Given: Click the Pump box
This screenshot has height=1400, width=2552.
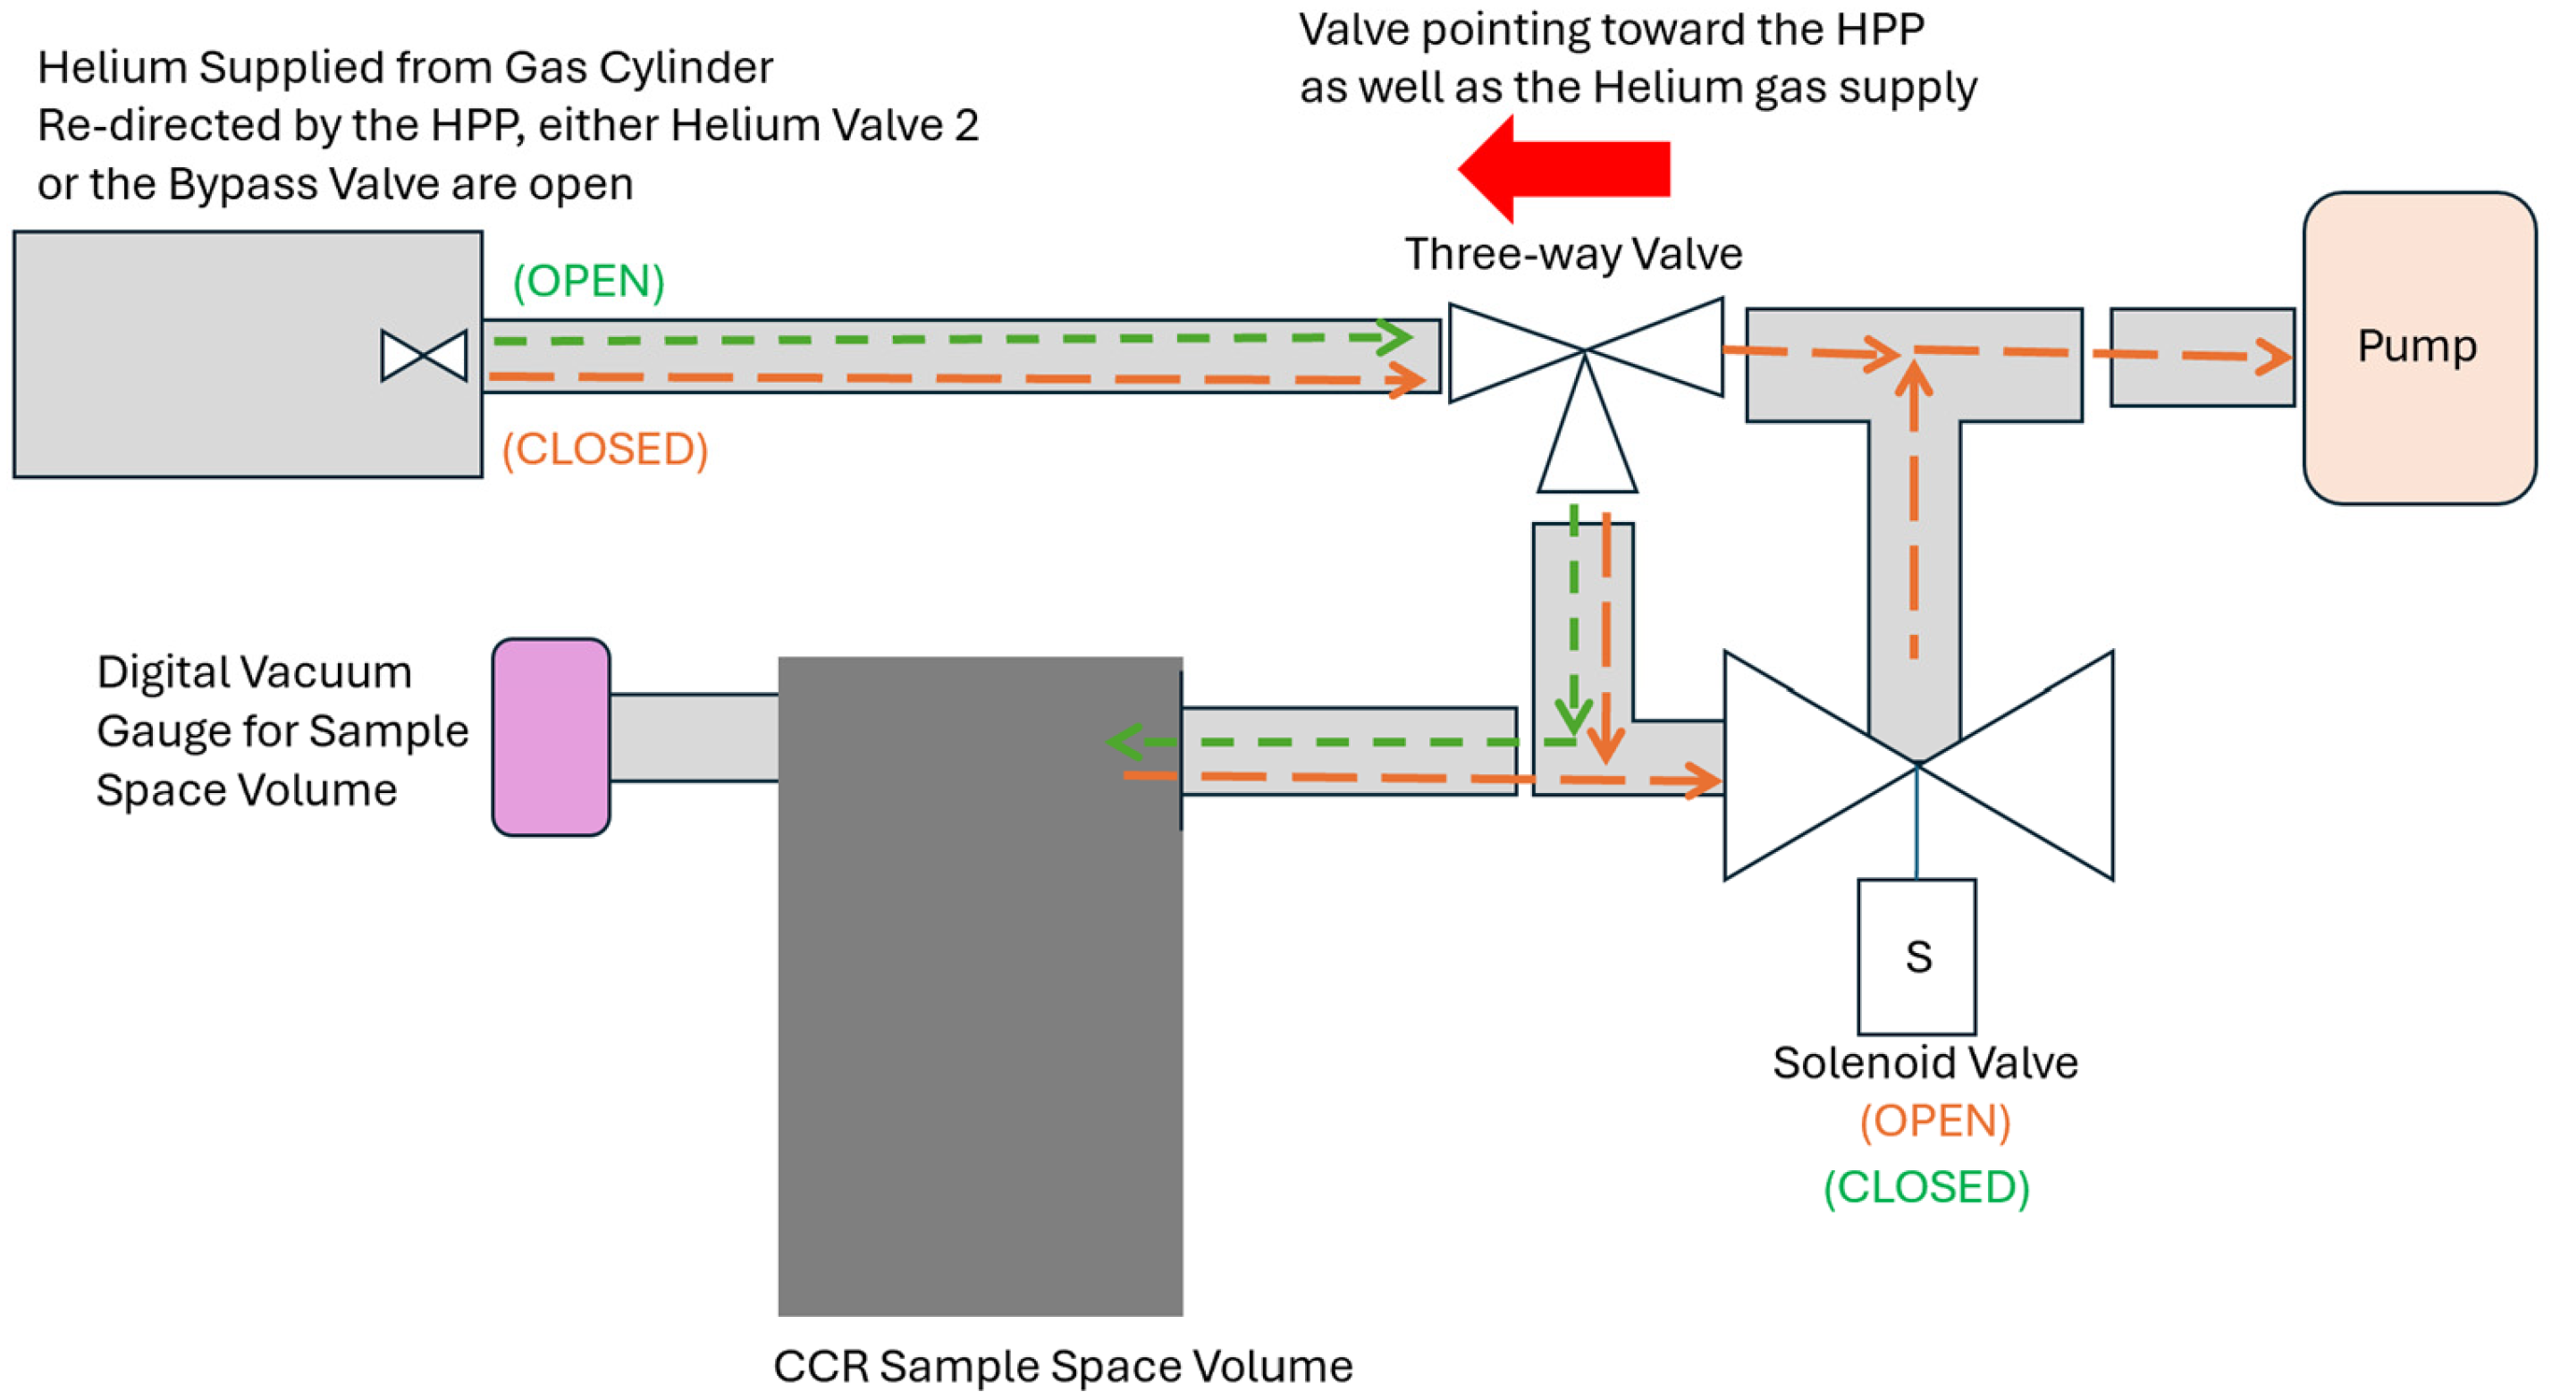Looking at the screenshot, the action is click(x=2418, y=348).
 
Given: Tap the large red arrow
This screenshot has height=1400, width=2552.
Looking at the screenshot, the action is click(x=1563, y=168).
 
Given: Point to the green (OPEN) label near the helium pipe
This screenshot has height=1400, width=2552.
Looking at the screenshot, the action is click(x=588, y=282).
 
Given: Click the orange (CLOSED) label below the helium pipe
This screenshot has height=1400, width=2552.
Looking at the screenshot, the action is click(x=604, y=450).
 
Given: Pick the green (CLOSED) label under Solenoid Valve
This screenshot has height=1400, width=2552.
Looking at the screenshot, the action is click(x=1927, y=1187).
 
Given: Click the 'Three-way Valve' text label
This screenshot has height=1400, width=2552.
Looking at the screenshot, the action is click(x=1573, y=254).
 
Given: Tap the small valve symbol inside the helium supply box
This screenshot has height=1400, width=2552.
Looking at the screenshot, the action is click(x=424, y=356).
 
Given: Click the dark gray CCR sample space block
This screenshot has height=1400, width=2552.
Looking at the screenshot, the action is click(x=980, y=986).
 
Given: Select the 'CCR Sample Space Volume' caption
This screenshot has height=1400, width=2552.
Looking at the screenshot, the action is click(x=1063, y=1366).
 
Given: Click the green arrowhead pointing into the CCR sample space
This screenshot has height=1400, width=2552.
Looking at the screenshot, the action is click(x=1124, y=742).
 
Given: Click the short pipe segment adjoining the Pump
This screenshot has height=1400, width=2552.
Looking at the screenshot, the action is click(x=2202, y=358).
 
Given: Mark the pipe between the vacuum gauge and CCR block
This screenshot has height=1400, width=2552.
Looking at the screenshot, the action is click(x=694, y=738).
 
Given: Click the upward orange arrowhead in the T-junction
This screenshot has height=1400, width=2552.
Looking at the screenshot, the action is click(x=1914, y=378).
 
